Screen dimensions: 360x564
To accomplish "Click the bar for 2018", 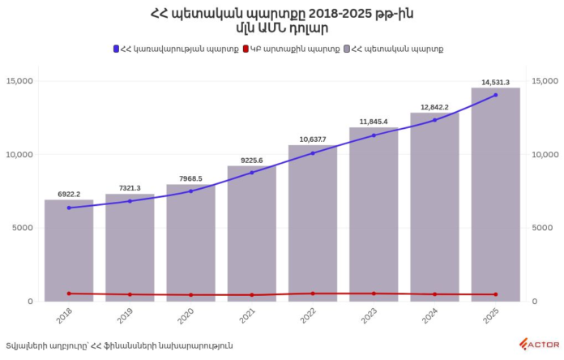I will point(69,251).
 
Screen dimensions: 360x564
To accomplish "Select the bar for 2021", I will point(252,235).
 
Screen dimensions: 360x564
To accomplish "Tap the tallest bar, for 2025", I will point(495,195).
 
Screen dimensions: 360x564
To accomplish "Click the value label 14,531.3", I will point(495,82).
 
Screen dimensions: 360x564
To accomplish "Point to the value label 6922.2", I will point(69,194).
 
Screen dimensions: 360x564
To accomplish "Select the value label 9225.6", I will point(252,160).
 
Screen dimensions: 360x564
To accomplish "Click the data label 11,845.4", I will point(374,122).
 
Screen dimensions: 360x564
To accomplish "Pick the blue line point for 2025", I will point(495,95).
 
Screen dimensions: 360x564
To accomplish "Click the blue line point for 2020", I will point(191,191).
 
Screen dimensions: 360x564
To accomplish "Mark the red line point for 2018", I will point(69,294).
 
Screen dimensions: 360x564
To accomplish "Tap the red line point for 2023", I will point(374,294).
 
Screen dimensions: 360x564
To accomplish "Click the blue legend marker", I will point(117,49).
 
